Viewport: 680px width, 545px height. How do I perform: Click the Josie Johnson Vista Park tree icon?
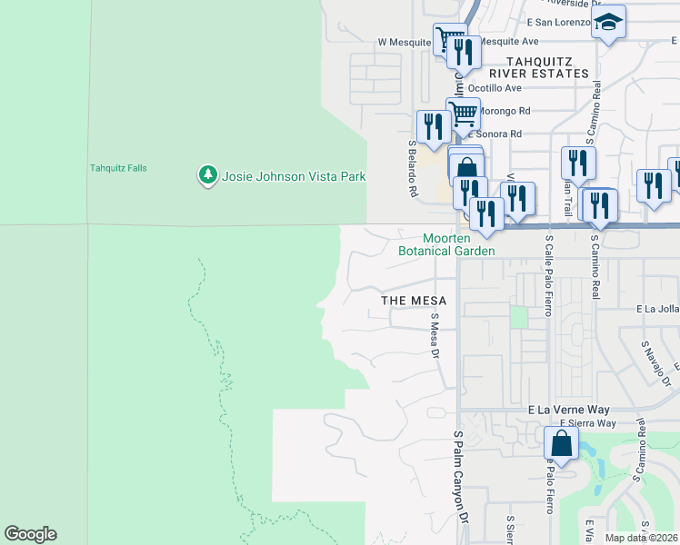208,174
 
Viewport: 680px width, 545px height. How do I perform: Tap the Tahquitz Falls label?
118,168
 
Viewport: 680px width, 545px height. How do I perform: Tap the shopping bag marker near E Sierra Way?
561,444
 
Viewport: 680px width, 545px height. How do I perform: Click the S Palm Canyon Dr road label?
461,477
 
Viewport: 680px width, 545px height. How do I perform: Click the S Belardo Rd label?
412,169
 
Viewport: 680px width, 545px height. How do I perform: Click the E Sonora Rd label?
495,134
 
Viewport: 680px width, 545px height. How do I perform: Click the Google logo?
30,534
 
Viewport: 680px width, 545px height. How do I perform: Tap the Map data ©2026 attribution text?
642,538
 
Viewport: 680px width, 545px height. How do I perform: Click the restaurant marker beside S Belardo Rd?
433,126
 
